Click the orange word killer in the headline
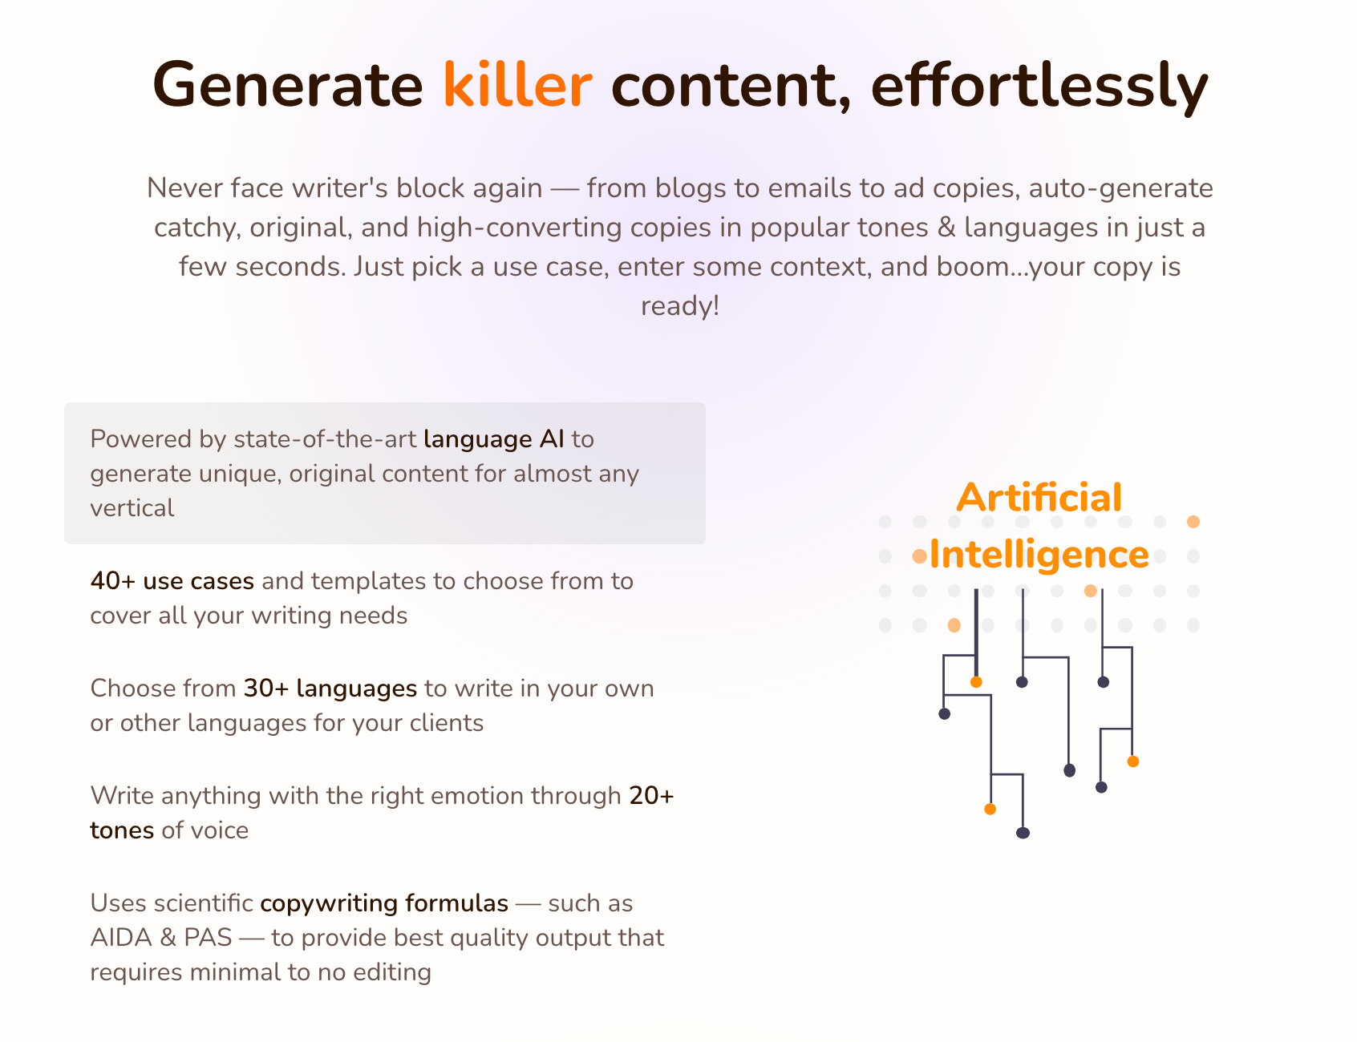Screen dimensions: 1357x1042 517,84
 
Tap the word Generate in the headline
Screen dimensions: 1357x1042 287,84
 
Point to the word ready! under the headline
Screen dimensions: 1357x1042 680,306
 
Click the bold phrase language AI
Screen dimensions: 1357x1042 494,440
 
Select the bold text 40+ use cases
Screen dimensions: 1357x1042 172,581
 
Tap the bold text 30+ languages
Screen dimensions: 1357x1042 330,689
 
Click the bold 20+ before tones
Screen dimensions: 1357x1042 651,796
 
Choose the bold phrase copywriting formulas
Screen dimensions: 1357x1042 384,904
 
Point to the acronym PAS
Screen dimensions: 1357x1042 208,938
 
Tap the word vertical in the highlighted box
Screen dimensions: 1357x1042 132,508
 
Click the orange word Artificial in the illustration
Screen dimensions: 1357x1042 1039,498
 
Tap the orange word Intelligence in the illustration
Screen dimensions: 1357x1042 1039,555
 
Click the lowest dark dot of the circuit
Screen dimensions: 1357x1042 1023,833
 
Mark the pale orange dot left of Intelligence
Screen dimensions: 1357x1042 919,556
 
